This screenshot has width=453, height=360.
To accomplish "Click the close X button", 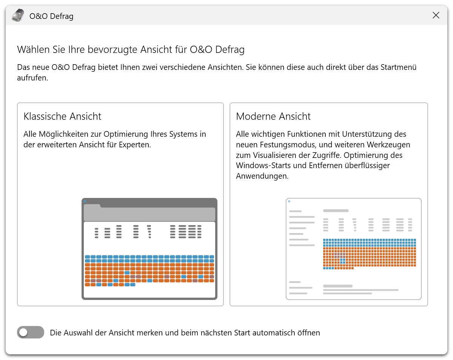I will click(x=436, y=15).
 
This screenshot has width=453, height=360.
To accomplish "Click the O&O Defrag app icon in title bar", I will click(x=17, y=16).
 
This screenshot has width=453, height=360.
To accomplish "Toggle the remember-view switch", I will click(x=31, y=332).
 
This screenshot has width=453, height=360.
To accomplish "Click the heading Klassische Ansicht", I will click(x=62, y=116).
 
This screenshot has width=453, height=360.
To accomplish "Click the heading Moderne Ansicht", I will click(x=273, y=116).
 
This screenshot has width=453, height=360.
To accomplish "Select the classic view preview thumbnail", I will click(x=149, y=249).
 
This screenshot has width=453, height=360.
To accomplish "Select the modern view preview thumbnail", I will click(x=353, y=249).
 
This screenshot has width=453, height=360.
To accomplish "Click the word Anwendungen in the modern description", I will click(x=261, y=176).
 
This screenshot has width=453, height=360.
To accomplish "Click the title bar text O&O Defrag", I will click(x=51, y=16).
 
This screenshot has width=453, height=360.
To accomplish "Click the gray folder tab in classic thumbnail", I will click(x=92, y=206).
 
